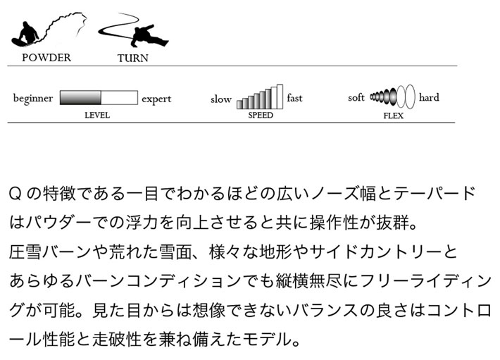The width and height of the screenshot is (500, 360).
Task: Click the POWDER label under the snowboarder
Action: (x=46, y=58)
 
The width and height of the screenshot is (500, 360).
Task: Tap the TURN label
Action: (x=132, y=58)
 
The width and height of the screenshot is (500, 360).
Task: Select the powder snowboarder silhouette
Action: (x=25, y=34)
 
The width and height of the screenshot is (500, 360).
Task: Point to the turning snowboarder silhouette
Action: (x=149, y=35)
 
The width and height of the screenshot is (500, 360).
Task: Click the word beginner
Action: (x=33, y=99)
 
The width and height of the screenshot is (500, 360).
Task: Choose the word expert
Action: (x=156, y=99)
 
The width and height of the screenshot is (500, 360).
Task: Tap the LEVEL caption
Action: (x=97, y=115)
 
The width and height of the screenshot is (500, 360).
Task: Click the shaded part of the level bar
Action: (x=80, y=97)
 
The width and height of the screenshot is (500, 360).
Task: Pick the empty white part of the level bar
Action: (x=119, y=97)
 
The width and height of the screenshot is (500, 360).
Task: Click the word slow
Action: (x=220, y=99)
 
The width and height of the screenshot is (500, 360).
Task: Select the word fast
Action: (x=294, y=97)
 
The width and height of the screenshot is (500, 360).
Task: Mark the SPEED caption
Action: (x=261, y=115)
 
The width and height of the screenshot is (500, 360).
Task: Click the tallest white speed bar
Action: (x=280, y=97)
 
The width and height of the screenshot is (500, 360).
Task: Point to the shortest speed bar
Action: (x=239, y=104)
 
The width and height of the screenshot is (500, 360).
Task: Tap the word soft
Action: (x=356, y=97)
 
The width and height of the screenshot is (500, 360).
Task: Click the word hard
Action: (x=429, y=97)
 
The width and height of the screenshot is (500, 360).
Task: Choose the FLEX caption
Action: (x=393, y=116)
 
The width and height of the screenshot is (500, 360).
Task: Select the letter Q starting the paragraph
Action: (x=15, y=194)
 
